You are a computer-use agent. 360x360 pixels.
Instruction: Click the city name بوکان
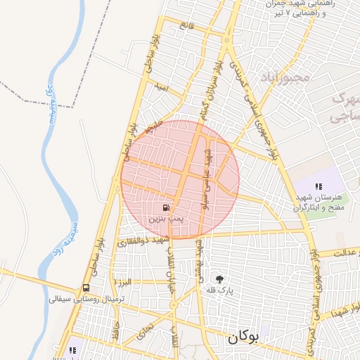[x=243, y=337]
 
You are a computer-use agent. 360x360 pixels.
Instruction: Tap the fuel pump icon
[x=165, y=208]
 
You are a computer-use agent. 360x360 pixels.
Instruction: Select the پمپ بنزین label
[x=163, y=219]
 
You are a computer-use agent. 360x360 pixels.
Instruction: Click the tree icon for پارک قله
[x=220, y=278]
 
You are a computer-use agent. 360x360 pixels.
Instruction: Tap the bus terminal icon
[x=86, y=288]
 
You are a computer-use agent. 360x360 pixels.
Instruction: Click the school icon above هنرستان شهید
[x=319, y=187]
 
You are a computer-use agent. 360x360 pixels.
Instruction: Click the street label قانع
[x=186, y=25]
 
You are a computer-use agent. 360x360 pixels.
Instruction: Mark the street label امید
[x=162, y=87]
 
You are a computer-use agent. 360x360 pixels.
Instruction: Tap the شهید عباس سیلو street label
[x=207, y=176]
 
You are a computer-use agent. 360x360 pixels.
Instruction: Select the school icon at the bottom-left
[x=72, y=350]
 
